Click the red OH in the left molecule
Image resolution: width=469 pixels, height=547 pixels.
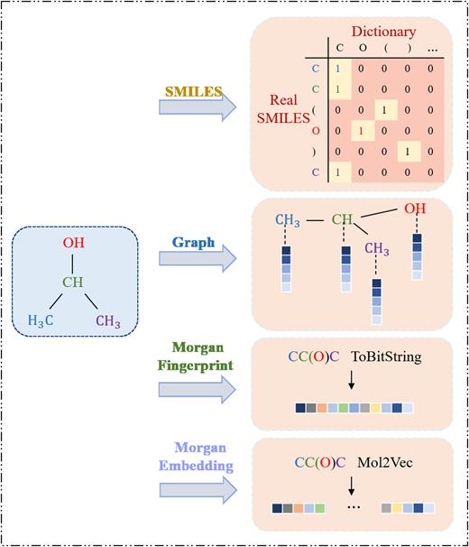(76, 243)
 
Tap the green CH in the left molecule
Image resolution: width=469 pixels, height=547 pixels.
(74, 281)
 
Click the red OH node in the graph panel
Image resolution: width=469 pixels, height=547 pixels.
(416, 210)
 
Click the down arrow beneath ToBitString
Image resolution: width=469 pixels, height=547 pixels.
(352, 383)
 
